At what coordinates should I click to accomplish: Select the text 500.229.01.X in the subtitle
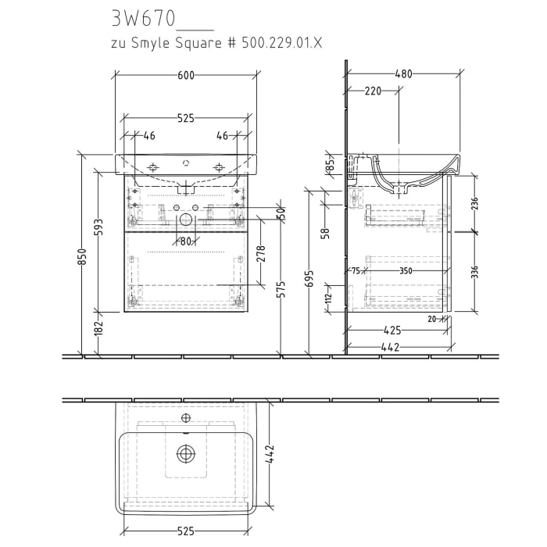tap(283, 43)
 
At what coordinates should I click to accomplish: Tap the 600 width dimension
tap(186, 75)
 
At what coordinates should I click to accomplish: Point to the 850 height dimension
tap(82, 256)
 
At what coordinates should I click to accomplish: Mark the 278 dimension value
tap(263, 253)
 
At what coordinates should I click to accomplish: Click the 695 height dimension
tap(309, 279)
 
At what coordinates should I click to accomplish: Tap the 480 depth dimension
tap(403, 74)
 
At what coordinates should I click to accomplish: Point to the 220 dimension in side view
tap(373, 91)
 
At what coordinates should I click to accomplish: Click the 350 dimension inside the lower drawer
tap(405, 270)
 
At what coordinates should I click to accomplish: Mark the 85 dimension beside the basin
tap(330, 166)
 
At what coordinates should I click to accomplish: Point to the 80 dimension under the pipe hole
tap(185, 241)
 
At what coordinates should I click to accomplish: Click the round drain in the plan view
tap(185, 453)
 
